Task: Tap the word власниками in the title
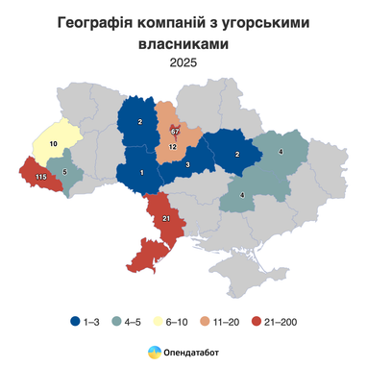(183, 44)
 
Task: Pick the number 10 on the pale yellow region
(53, 144)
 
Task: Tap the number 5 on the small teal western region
(64, 173)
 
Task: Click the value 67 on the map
(175, 130)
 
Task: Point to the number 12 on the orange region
(173, 147)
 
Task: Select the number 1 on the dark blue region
(142, 172)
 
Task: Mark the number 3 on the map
(187, 166)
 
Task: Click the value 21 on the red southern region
(166, 219)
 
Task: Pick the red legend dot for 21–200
(257, 321)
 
